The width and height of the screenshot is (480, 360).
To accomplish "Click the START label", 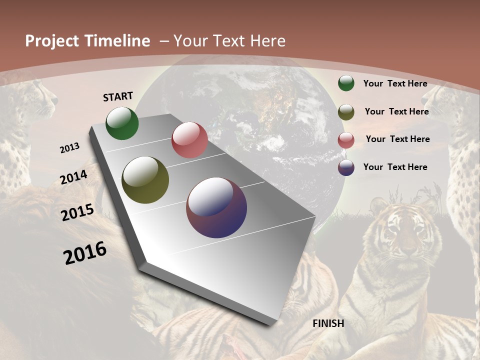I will [x=118, y=96].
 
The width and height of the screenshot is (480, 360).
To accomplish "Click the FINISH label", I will [x=328, y=323].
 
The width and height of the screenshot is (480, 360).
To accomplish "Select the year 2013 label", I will [x=70, y=148].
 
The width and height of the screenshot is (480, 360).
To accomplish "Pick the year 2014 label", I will [x=74, y=177].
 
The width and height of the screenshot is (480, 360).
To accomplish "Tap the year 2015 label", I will [x=77, y=212].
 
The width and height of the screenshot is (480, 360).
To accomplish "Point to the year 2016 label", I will [x=85, y=253].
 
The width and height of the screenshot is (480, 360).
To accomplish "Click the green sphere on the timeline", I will [x=122, y=123].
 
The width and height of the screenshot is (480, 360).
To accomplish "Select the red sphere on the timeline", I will [x=189, y=140].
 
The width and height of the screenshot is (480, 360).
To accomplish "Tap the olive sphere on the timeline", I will [x=145, y=180].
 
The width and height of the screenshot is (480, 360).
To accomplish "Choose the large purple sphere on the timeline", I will [x=216, y=207].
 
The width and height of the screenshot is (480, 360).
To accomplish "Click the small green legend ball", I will [x=346, y=83].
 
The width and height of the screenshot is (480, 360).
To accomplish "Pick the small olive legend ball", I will [x=346, y=112].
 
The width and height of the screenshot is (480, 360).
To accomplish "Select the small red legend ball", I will [x=346, y=140].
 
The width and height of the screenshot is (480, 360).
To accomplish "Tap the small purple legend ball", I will [x=346, y=167].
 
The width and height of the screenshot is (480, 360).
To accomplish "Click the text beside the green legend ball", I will [x=395, y=84].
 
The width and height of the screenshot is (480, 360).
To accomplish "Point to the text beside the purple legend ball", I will [x=395, y=167].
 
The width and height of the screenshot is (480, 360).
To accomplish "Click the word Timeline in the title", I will [x=118, y=41].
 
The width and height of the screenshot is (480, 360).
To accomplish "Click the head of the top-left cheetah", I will [x=37, y=97].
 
